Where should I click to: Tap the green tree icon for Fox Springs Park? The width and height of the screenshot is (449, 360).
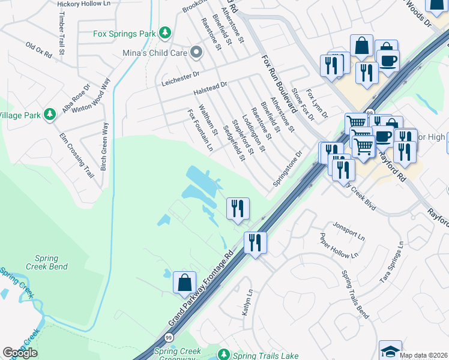pos(166,33)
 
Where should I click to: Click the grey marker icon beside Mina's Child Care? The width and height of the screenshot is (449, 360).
pos(195,53)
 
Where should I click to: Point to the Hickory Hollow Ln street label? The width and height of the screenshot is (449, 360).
pos(84,4)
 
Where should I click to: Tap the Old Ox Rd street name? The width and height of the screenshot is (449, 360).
pos(39,50)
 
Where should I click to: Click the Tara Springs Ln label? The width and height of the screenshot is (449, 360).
pos(391,264)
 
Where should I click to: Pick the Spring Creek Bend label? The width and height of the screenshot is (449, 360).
pos(42,262)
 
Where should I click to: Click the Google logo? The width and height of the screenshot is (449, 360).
pos(20,353)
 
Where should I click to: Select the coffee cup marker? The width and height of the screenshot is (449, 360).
pos(387,59)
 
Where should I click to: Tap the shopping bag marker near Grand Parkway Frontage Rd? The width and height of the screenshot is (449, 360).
pos(184,283)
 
